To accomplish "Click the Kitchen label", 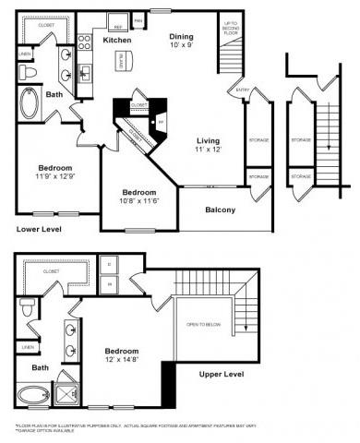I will click(116, 42).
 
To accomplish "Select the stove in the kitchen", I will click(84, 42).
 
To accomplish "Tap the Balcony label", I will click(221, 210).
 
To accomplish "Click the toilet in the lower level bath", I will click(30, 73).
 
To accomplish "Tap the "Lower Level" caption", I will click(38, 227).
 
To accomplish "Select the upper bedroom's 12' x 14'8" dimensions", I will click(122, 361).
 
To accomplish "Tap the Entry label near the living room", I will click(243, 90).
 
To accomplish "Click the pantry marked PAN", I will click(138, 18).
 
